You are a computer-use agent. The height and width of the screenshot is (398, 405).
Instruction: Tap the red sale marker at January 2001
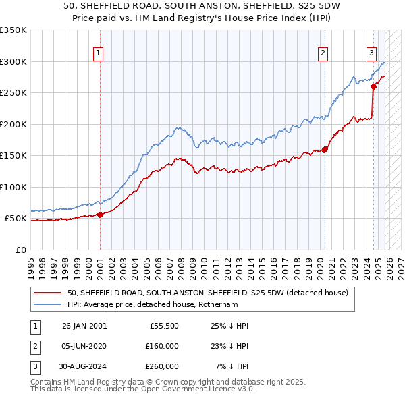(100, 215)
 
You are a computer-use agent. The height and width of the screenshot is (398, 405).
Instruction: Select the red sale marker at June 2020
(325, 150)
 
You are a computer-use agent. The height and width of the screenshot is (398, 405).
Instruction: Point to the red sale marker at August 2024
(373, 87)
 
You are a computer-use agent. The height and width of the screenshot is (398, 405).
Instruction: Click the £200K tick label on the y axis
(13, 124)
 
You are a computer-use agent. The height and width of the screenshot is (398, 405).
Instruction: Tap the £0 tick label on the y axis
(20, 250)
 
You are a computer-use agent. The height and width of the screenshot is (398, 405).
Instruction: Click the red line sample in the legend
(49, 293)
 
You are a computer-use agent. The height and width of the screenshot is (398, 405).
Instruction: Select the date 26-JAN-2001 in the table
(84, 326)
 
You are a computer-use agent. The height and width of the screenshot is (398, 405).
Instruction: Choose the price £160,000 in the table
(162, 346)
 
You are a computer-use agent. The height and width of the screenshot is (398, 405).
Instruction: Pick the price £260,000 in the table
(162, 366)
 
